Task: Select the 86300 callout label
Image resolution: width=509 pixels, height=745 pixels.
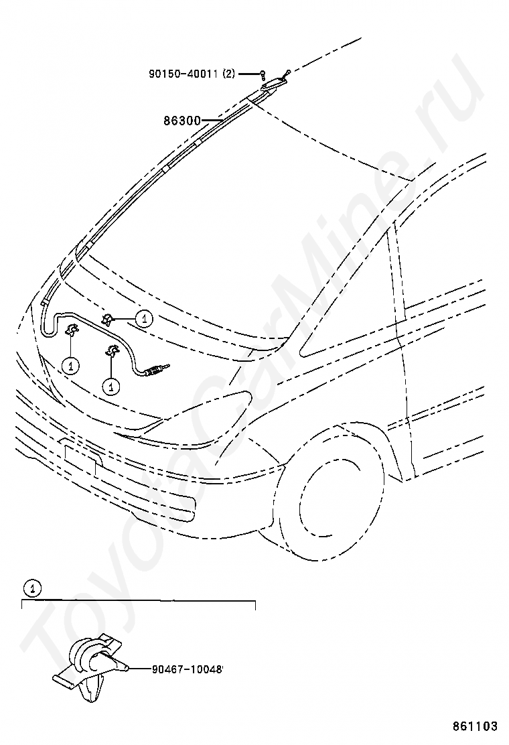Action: [x=182, y=121]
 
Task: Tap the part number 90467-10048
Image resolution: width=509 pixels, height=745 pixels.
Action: [x=186, y=668]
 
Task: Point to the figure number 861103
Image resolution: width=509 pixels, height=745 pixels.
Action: [x=476, y=726]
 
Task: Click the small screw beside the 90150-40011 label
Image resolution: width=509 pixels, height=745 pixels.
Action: [x=264, y=74]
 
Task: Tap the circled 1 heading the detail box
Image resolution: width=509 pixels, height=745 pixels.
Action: [x=31, y=589]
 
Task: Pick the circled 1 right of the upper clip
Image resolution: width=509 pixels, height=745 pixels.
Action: [x=144, y=319]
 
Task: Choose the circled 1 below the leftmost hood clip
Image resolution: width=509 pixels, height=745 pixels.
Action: [x=70, y=365]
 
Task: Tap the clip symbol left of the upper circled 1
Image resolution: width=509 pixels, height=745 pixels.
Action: [x=108, y=319]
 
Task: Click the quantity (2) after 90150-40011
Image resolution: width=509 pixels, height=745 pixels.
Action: [x=229, y=74]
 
